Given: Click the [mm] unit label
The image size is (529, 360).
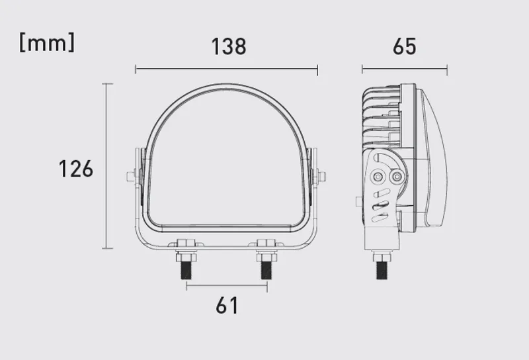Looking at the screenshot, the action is pyautogui.click(x=47, y=43).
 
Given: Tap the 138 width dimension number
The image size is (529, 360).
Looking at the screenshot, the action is pyautogui.click(x=229, y=46).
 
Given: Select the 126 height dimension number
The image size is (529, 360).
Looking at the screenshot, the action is pyautogui.click(x=76, y=169).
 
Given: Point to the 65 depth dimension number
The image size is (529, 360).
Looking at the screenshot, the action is pyautogui.click(x=405, y=46).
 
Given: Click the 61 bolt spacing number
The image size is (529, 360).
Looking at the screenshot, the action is pyautogui.click(x=227, y=305).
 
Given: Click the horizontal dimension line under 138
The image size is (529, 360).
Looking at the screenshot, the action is pyautogui.click(x=226, y=69).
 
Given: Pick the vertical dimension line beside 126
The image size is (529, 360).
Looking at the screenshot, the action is pyautogui.click(x=107, y=166).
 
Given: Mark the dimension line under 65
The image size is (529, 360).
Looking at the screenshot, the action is pyautogui.click(x=405, y=69).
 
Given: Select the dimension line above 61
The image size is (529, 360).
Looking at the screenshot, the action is pyautogui.click(x=227, y=286).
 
